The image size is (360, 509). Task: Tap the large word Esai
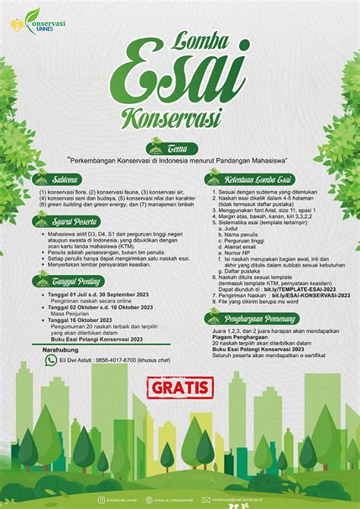pyautogui.click(x=180, y=70)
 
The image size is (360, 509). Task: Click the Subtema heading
pyautogui.click(x=60, y=180)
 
